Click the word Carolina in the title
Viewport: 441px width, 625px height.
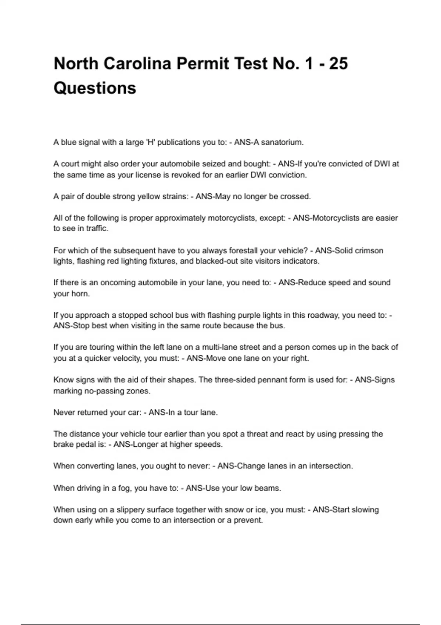point(137,64)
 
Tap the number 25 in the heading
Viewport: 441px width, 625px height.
point(338,64)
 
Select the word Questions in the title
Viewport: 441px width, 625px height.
point(95,88)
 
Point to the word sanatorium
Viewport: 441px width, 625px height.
point(282,142)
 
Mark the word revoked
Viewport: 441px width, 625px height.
point(182,175)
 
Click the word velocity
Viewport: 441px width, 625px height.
point(127,358)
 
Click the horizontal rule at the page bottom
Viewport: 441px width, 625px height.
point(220,624)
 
